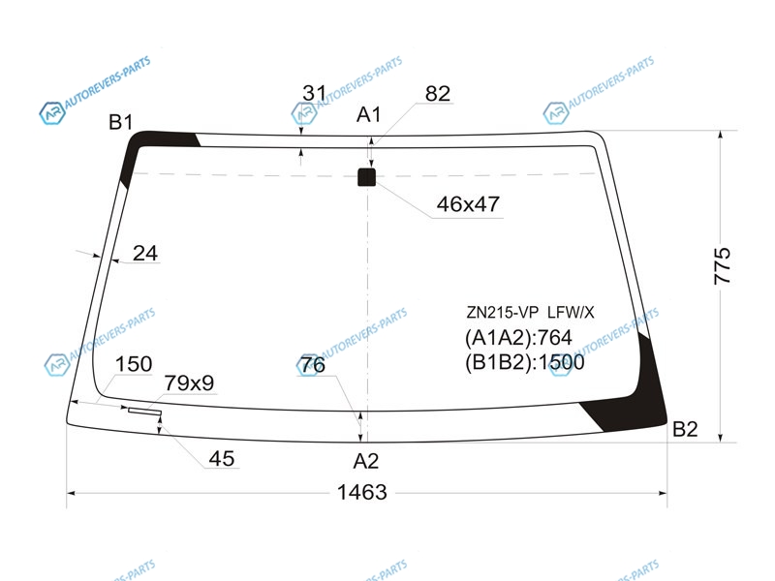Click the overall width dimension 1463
[x=361, y=492]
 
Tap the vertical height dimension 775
[x=722, y=265]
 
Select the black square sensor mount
[x=366, y=177]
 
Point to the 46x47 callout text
[x=468, y=203]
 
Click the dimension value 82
[x=438, y=93]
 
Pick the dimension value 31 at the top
[x=314, y=92]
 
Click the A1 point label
[x=369, y=114]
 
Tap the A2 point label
[x=366, y=461]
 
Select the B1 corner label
[x=120, y=122]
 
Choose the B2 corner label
[x=685, y=429]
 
